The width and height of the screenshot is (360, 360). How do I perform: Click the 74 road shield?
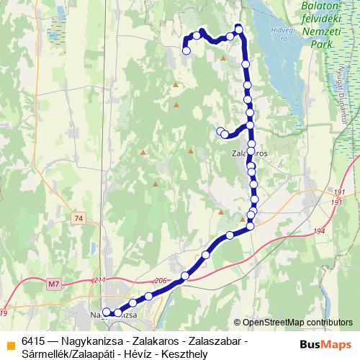click(x=78, y=217)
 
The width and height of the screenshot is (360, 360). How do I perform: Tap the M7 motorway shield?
click(x=53, y=284)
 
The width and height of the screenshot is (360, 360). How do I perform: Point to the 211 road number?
click(x=99, y=280)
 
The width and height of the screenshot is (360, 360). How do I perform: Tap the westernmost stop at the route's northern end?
click(x=186, y=50)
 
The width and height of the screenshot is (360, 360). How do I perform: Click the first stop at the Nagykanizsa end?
click(x=107, y=312)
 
